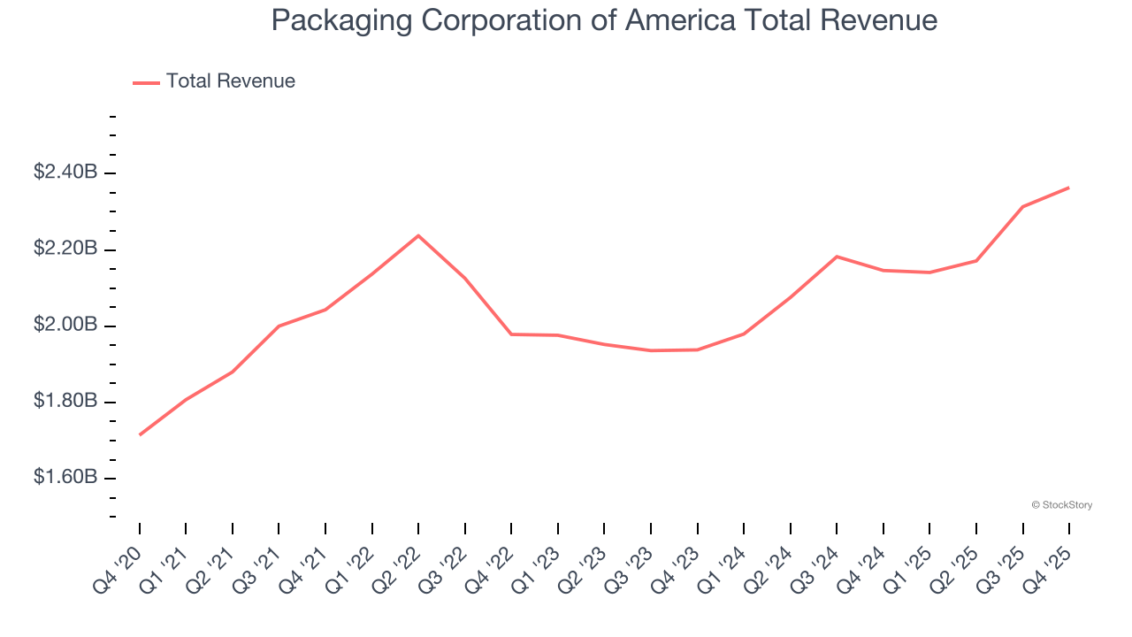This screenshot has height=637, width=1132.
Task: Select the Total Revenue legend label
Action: point(230,81)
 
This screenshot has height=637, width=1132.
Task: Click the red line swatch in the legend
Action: point(146,82)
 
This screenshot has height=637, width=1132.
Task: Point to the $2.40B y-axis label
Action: point(65,173)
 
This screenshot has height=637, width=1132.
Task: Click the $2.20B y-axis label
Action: point(65,249)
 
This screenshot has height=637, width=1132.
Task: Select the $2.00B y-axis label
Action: point(65,326)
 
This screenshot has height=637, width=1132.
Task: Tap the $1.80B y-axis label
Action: point(65,402)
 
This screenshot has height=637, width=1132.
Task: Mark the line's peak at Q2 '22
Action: point(418,235)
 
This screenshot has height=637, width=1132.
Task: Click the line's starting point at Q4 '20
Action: point(140,434)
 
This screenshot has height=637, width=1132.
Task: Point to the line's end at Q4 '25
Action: point(1068,188)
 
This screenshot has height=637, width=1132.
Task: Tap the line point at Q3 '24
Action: point(837,257)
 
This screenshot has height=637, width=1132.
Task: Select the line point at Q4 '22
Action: point(511,334)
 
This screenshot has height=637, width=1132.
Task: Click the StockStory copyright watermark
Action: point(1061,505)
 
